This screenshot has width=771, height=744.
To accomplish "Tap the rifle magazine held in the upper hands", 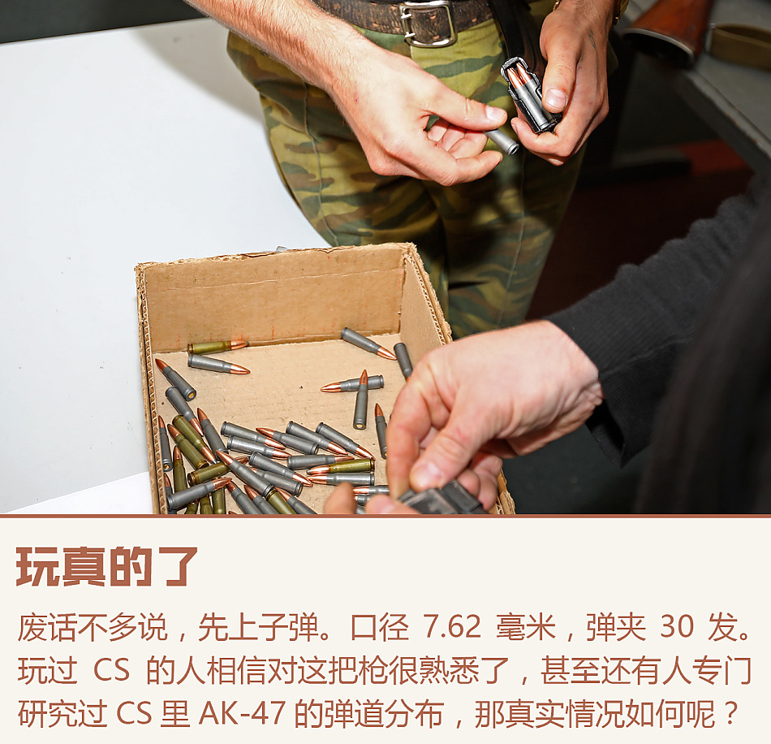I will (x=529, y=96).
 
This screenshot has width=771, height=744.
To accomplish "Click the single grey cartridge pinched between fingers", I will (x=502, y=141).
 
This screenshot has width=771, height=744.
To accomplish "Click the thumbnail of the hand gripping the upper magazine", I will (x=556, y=99).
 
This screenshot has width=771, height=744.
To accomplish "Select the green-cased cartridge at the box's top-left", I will (x=218, y=347).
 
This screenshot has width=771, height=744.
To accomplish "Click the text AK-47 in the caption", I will (x=242, y=714).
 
